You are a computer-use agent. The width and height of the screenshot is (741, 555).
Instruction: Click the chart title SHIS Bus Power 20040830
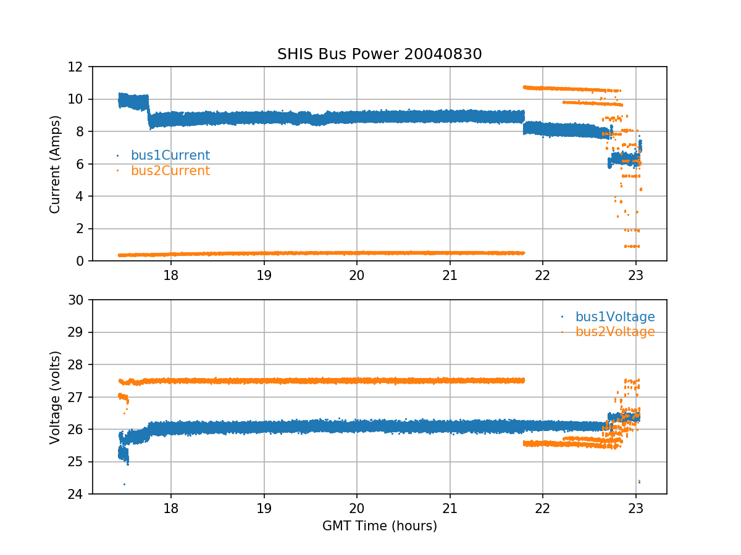click(x=379, y=54)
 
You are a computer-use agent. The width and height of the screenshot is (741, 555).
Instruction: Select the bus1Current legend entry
click(x=170, y=155)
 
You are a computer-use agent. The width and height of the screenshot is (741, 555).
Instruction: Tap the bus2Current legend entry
click(x=170, y=171)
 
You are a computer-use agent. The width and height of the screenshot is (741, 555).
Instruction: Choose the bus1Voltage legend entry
click(x=614, y=317)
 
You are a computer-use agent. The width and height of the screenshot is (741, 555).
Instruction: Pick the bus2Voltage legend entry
click(x=614, y=332)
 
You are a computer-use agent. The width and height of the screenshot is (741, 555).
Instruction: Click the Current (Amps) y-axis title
click(x=56, y=164)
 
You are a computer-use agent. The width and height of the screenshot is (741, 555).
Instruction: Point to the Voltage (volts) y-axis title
click(x=56, y=397)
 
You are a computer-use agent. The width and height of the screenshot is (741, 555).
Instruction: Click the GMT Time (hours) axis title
click(x=379, y=526)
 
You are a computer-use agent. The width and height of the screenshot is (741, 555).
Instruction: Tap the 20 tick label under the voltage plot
click(x=357, y=508)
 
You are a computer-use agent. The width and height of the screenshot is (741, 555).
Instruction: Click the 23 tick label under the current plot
click(x=636, y=274)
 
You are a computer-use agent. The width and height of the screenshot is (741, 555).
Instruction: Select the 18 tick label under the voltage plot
click(x=171, y=508)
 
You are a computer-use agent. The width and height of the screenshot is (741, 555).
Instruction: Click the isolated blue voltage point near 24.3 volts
click(x=124, y=484)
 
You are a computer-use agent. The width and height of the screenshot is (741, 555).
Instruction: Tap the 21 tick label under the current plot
click(x=450, y=274)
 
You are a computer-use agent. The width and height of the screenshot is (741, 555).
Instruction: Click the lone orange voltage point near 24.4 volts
click(x=639, y=481)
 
